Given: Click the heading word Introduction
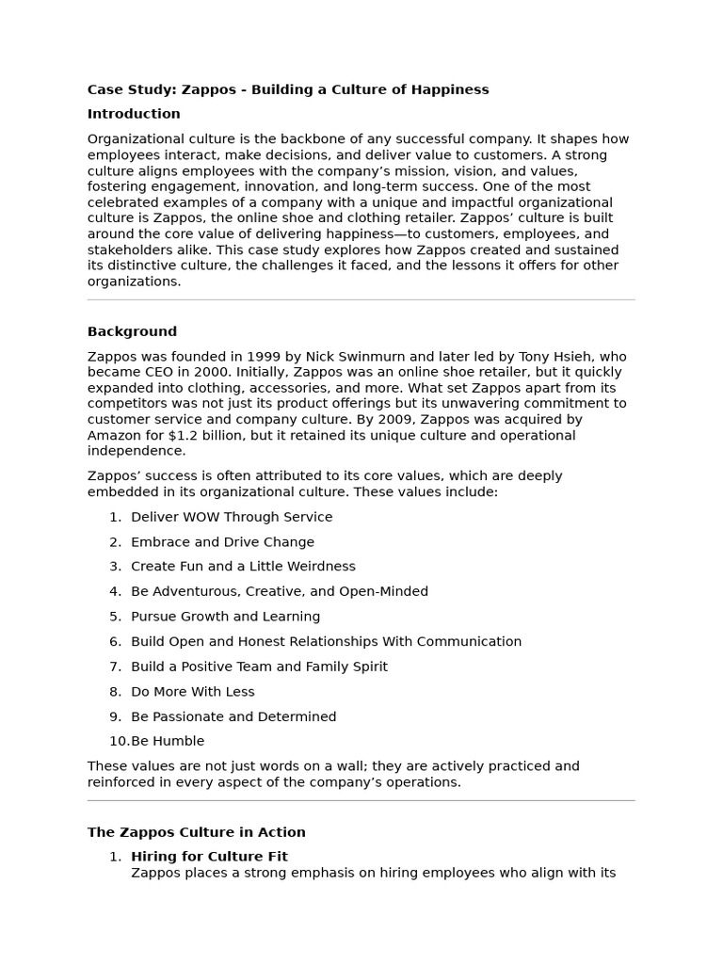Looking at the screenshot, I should coord(134,114).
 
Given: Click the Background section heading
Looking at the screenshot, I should coord(132,331).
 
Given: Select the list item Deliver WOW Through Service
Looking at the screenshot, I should coord(232,517).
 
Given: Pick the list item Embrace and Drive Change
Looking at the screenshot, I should coord(222,542).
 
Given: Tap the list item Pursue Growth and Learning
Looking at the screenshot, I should coord(225,617).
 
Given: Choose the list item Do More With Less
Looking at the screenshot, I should coord(192,692).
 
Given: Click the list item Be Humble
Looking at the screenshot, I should coord(168,742).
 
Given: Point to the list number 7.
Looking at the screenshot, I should coord(115,667).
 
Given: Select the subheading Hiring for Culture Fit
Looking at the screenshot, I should coord(209,857).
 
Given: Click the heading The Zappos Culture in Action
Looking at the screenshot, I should coord(196,832).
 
